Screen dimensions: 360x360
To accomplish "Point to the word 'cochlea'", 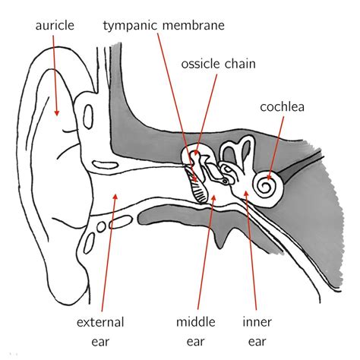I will pos(282,106).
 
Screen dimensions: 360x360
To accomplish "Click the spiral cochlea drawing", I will pos(264,184).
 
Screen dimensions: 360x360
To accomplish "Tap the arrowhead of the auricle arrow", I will pos(56,116).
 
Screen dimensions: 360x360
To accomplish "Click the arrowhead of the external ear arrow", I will pos(115,195).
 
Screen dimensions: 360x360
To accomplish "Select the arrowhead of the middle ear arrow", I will pos(214,197).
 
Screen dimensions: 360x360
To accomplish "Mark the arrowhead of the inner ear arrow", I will pos(245,193).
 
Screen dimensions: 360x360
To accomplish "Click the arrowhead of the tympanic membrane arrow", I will pos(195,181).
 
